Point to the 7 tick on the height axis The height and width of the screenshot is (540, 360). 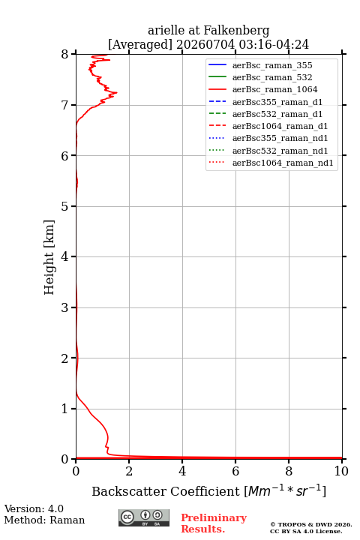[x=74, y=105]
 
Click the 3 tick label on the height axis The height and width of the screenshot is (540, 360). [x=64, y=307]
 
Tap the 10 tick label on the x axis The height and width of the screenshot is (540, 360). [x=341, y=471]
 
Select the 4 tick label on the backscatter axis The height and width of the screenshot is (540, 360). [x=182, y=471]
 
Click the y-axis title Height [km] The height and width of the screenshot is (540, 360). [x=49, y=257]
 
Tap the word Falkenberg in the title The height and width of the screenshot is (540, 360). [x=236, y=31]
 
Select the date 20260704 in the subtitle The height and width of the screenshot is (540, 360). [x=205, y=44]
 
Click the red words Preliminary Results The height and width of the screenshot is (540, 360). [x=214, y=523]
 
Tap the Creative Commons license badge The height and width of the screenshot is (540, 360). [x=144, y=517]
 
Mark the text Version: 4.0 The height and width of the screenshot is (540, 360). [x=34, y=508]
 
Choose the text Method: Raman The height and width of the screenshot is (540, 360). [x=44, y=520]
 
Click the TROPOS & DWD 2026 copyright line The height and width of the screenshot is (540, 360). [x=311, y=524]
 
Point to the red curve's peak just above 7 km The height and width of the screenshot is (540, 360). [x=117, y=92]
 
